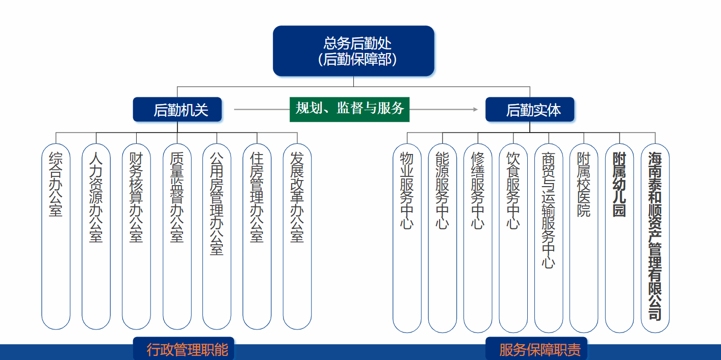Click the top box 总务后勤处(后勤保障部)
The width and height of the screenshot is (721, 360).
(353, 51)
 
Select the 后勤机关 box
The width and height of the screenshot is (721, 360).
(177, 110)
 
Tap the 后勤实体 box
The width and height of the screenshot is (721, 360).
(530, 110)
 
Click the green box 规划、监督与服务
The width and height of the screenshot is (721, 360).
(350, 110)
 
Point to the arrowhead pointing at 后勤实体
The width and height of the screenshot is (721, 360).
(476, 110)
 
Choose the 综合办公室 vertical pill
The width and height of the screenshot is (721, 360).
(56, 237)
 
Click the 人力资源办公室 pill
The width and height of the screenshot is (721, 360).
(96, 237)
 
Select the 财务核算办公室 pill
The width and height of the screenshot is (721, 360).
(136, 237)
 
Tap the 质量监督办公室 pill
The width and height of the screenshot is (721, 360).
(177, 237)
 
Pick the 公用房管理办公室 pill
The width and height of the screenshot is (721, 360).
(217, 237)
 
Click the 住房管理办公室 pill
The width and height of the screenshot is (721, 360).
(257, 237)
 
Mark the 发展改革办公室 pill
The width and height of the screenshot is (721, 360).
(297, 237)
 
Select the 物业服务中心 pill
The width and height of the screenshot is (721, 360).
(407, 238)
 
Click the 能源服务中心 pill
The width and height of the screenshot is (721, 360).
(442, 238)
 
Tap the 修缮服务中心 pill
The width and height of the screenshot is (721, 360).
(478, 238)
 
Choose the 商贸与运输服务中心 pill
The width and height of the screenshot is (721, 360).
(549, 238)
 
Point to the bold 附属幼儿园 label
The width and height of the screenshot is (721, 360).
(620, 185)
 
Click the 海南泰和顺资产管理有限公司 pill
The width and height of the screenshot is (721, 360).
(655, 238)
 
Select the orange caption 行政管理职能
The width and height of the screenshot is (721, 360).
(187, 350)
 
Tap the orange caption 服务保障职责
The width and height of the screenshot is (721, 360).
(540, 350)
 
